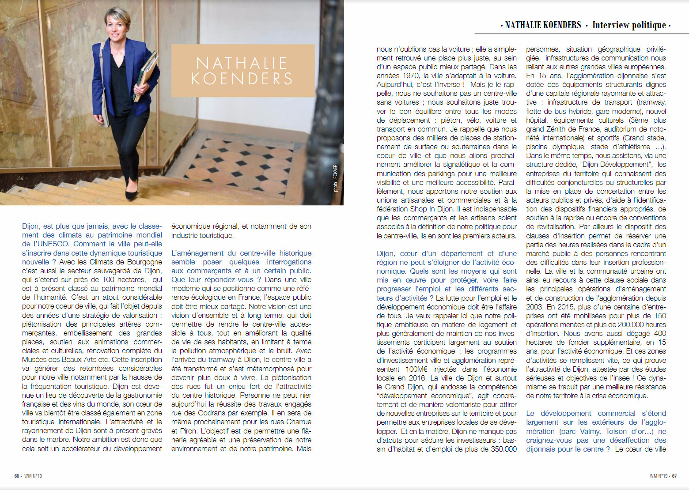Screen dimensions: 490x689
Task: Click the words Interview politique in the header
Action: coord(628,25)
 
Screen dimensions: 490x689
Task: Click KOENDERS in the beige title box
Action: coord(242,79)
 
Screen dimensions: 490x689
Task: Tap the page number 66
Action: coord(17,476)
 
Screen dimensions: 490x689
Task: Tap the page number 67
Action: coord(674,476)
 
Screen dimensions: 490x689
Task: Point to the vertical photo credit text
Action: coord(335,178)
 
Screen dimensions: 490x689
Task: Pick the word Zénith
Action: coord(559,129)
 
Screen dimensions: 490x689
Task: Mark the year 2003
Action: coord(534,307)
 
